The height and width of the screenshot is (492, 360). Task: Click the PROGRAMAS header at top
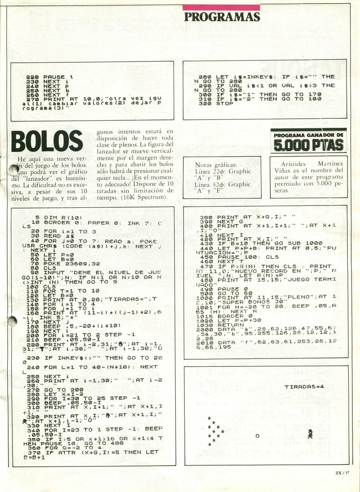[222, 17]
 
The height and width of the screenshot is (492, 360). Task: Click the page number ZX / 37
[342, 473]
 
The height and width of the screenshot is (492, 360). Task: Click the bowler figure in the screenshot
[310, 434]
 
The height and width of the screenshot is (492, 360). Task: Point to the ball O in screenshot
[258, 435]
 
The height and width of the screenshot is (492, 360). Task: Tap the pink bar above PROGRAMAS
[221, 7]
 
